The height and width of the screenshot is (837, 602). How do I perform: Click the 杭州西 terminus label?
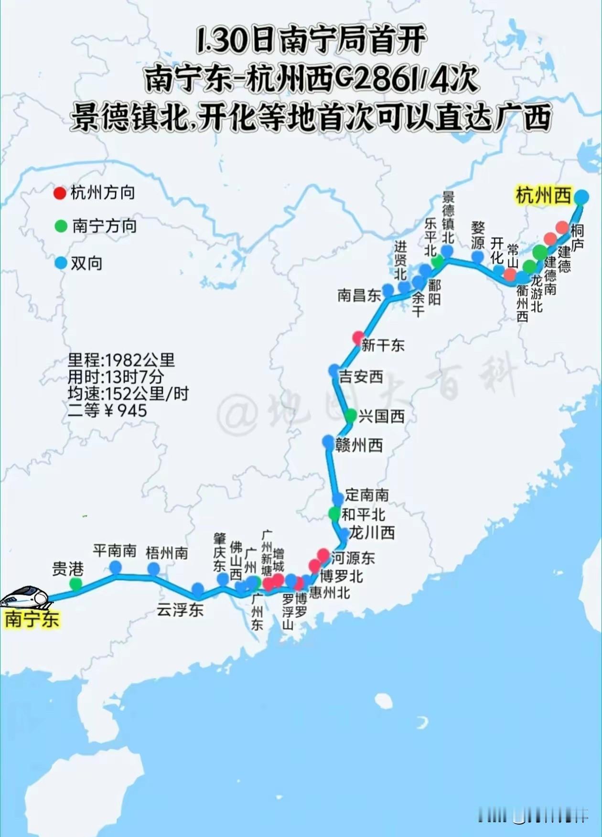point(543,196)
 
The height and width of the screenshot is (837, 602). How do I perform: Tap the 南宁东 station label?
point(32,619)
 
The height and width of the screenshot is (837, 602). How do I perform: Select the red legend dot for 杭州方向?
point(60,193)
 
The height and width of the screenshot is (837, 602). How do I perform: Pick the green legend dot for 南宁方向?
point(61,226)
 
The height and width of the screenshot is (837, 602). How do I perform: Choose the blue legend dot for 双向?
point(61,263)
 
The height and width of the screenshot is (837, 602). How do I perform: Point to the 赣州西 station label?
point(359,445)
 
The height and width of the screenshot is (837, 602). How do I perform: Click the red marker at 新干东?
point(358,338)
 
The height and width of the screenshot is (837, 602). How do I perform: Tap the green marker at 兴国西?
point(351,416)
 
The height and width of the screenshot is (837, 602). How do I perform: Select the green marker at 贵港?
point(75,583)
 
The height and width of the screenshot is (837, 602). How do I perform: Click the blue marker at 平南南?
point(116,567)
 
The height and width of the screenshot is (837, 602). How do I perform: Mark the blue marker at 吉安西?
point(334,371)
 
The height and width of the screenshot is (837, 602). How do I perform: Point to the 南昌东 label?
point(359,295)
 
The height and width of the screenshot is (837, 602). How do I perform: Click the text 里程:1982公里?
point(121,360)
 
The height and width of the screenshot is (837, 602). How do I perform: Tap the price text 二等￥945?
point(107,410)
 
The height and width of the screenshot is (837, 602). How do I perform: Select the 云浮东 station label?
point(180,610)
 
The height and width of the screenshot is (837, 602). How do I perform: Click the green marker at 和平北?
point(334,514)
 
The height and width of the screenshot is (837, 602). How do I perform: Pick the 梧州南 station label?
point(167,553)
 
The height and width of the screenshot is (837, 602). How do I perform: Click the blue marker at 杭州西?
point(581,196)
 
